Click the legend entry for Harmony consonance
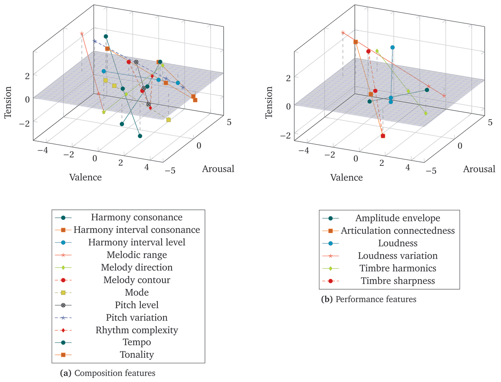click(137, 217)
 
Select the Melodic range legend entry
click(137, 255)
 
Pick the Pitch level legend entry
click(137, 305)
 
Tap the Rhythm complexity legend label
click(137, 330)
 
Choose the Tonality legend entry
click(137, 355)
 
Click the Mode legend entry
click(137, 292)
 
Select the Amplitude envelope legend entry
click(397, 218)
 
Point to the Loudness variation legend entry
click(397, 255)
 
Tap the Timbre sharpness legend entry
click(397, 280)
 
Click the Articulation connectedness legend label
click(397, 230)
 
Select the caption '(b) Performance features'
click(369, 299)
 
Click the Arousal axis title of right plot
click(479, 169)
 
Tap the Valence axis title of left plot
click(86, 177)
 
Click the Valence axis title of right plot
click(347, 177)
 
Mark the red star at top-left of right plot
click(343, 33)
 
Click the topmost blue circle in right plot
click(392, 48)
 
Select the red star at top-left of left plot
click(82, 34)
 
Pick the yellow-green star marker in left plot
click(104, 112)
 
